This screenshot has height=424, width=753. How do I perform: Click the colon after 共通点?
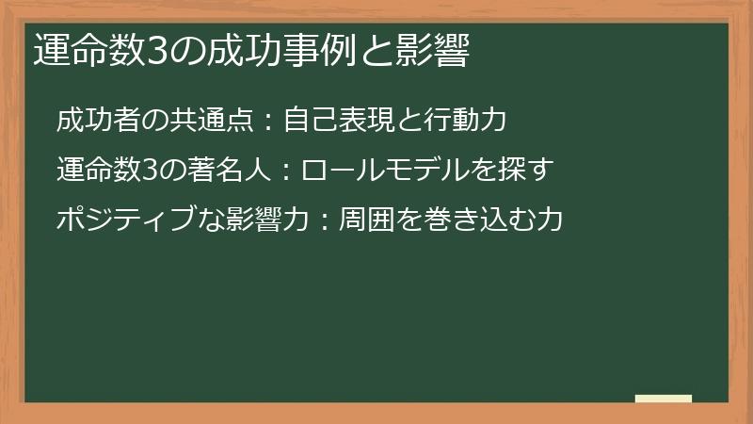tap(266, 122)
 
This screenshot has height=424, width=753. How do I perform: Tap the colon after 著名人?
tap(280, 172)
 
